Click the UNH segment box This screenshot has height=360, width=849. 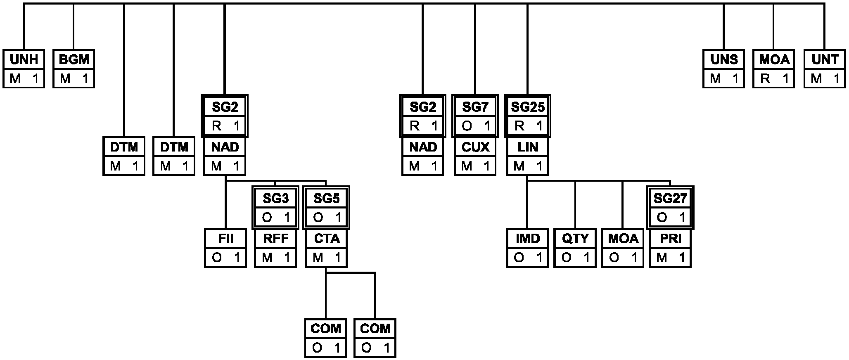tap(24, 69)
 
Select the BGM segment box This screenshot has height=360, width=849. tap(74, 69)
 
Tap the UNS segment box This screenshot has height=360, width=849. tap(724, 69)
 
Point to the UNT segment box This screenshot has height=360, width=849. tap(825, 69)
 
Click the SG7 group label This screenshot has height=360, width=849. tap(475, 107)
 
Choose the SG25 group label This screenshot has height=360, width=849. tap(527, 107)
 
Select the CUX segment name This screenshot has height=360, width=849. tap(475, 147)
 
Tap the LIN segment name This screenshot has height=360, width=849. tap(527, 147)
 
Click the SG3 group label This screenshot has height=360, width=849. tap(275, 199)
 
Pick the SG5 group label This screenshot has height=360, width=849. tap(326, 199)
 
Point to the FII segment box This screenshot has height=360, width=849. tap(225, 248)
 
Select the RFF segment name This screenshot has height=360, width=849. tap(275, 239)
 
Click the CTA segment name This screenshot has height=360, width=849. tap(326, 239)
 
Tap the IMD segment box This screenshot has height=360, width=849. tap(527, 248)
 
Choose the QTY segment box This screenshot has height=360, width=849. tap(575, 248)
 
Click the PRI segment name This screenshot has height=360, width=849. tap(670, 239)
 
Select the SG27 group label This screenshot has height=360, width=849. tap(670, 199)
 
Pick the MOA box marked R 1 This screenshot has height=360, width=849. tap(774, 69)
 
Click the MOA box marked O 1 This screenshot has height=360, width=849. tap(623, 248)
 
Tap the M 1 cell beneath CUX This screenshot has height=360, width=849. tap(475, 166)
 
